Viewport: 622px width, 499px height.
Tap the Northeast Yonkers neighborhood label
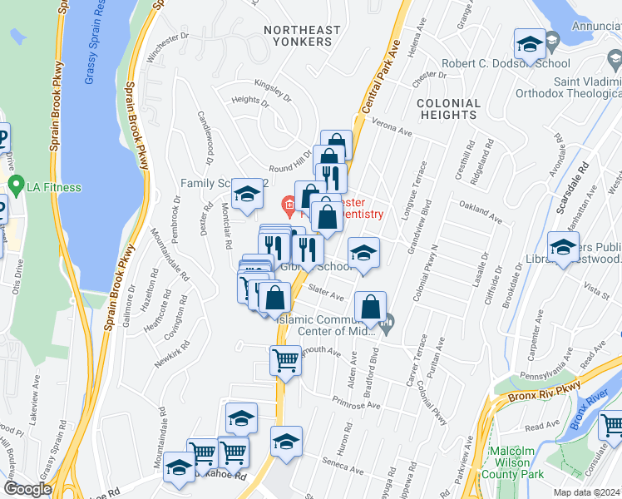click(302, 37)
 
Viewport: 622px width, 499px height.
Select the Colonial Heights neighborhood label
click(449, 111)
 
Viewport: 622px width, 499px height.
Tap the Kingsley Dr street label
click(274, 91)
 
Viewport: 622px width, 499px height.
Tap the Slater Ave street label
click(326, 294)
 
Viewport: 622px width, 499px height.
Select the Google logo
click(28, 489)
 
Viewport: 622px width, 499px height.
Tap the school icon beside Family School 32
click(247, 195)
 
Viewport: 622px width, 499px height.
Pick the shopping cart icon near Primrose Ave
click(285, 360)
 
